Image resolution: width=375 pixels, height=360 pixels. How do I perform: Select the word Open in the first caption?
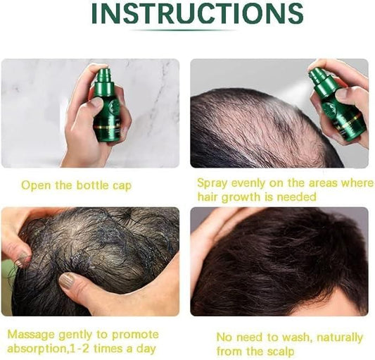point(34,185)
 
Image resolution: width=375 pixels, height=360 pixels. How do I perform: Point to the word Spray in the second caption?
point(211,182)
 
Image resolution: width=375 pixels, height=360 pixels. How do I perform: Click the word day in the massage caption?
point(146,348)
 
